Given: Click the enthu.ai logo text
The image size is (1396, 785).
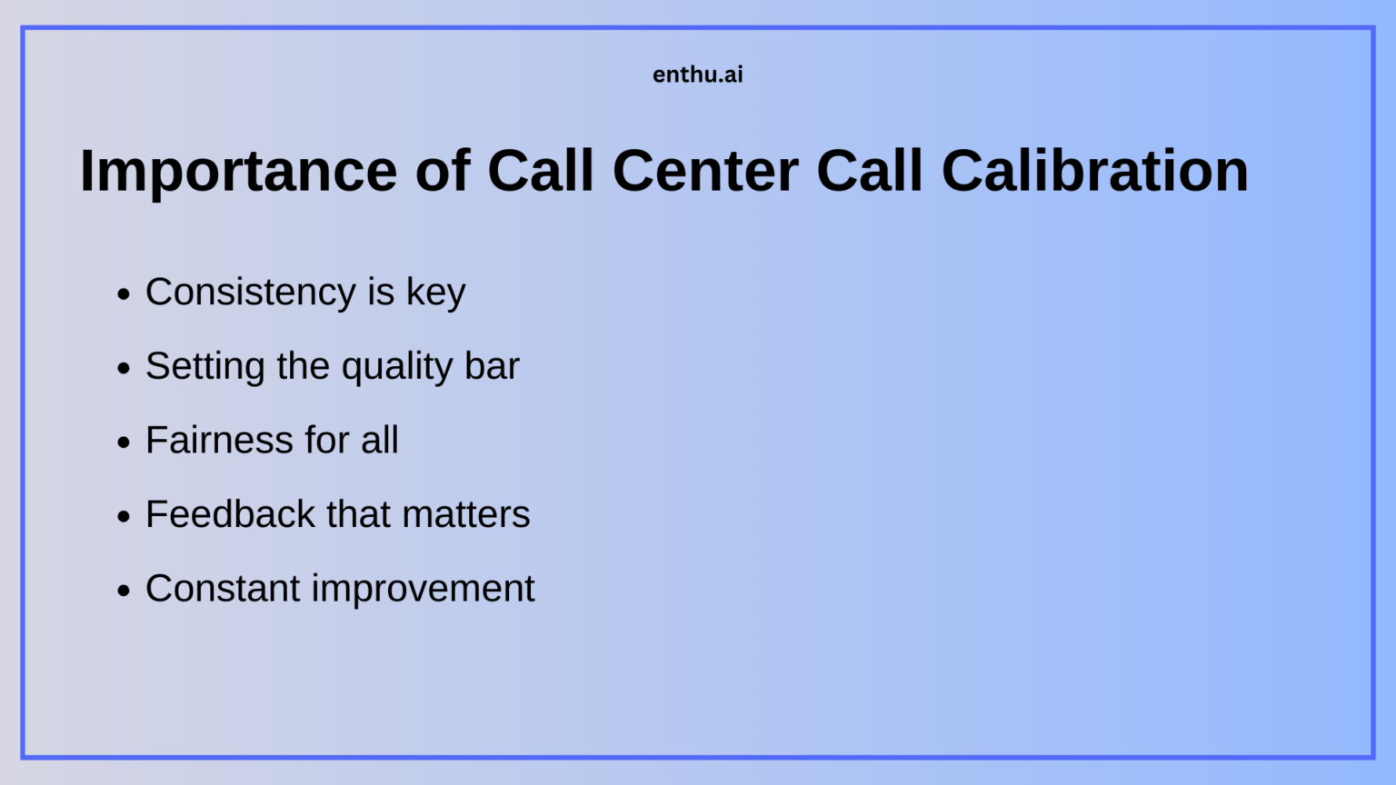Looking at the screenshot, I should click(x=697, y=75).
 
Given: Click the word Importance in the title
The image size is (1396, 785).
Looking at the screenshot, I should click(x=238, y=171).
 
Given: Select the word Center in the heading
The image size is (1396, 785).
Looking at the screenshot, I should click(x=705, y=171).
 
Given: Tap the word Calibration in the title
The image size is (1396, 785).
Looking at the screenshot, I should click(x=1094, y=171).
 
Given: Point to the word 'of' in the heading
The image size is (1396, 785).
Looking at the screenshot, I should click(x=443, y=171).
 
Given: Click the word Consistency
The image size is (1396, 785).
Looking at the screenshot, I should click(x=250, y=293).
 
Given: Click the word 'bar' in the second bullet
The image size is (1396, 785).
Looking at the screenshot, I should click(x=492, y=366).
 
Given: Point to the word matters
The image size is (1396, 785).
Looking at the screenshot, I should click(x=466, y=515).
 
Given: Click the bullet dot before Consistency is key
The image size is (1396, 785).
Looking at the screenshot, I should click(x=124, y=294).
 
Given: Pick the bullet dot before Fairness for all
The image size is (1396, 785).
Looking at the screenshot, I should click(x=124, y=442).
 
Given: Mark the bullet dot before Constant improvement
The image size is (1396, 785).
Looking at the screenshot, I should click(x=124, y=591).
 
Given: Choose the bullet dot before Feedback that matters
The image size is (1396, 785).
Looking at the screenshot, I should click(x=124, y=517).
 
